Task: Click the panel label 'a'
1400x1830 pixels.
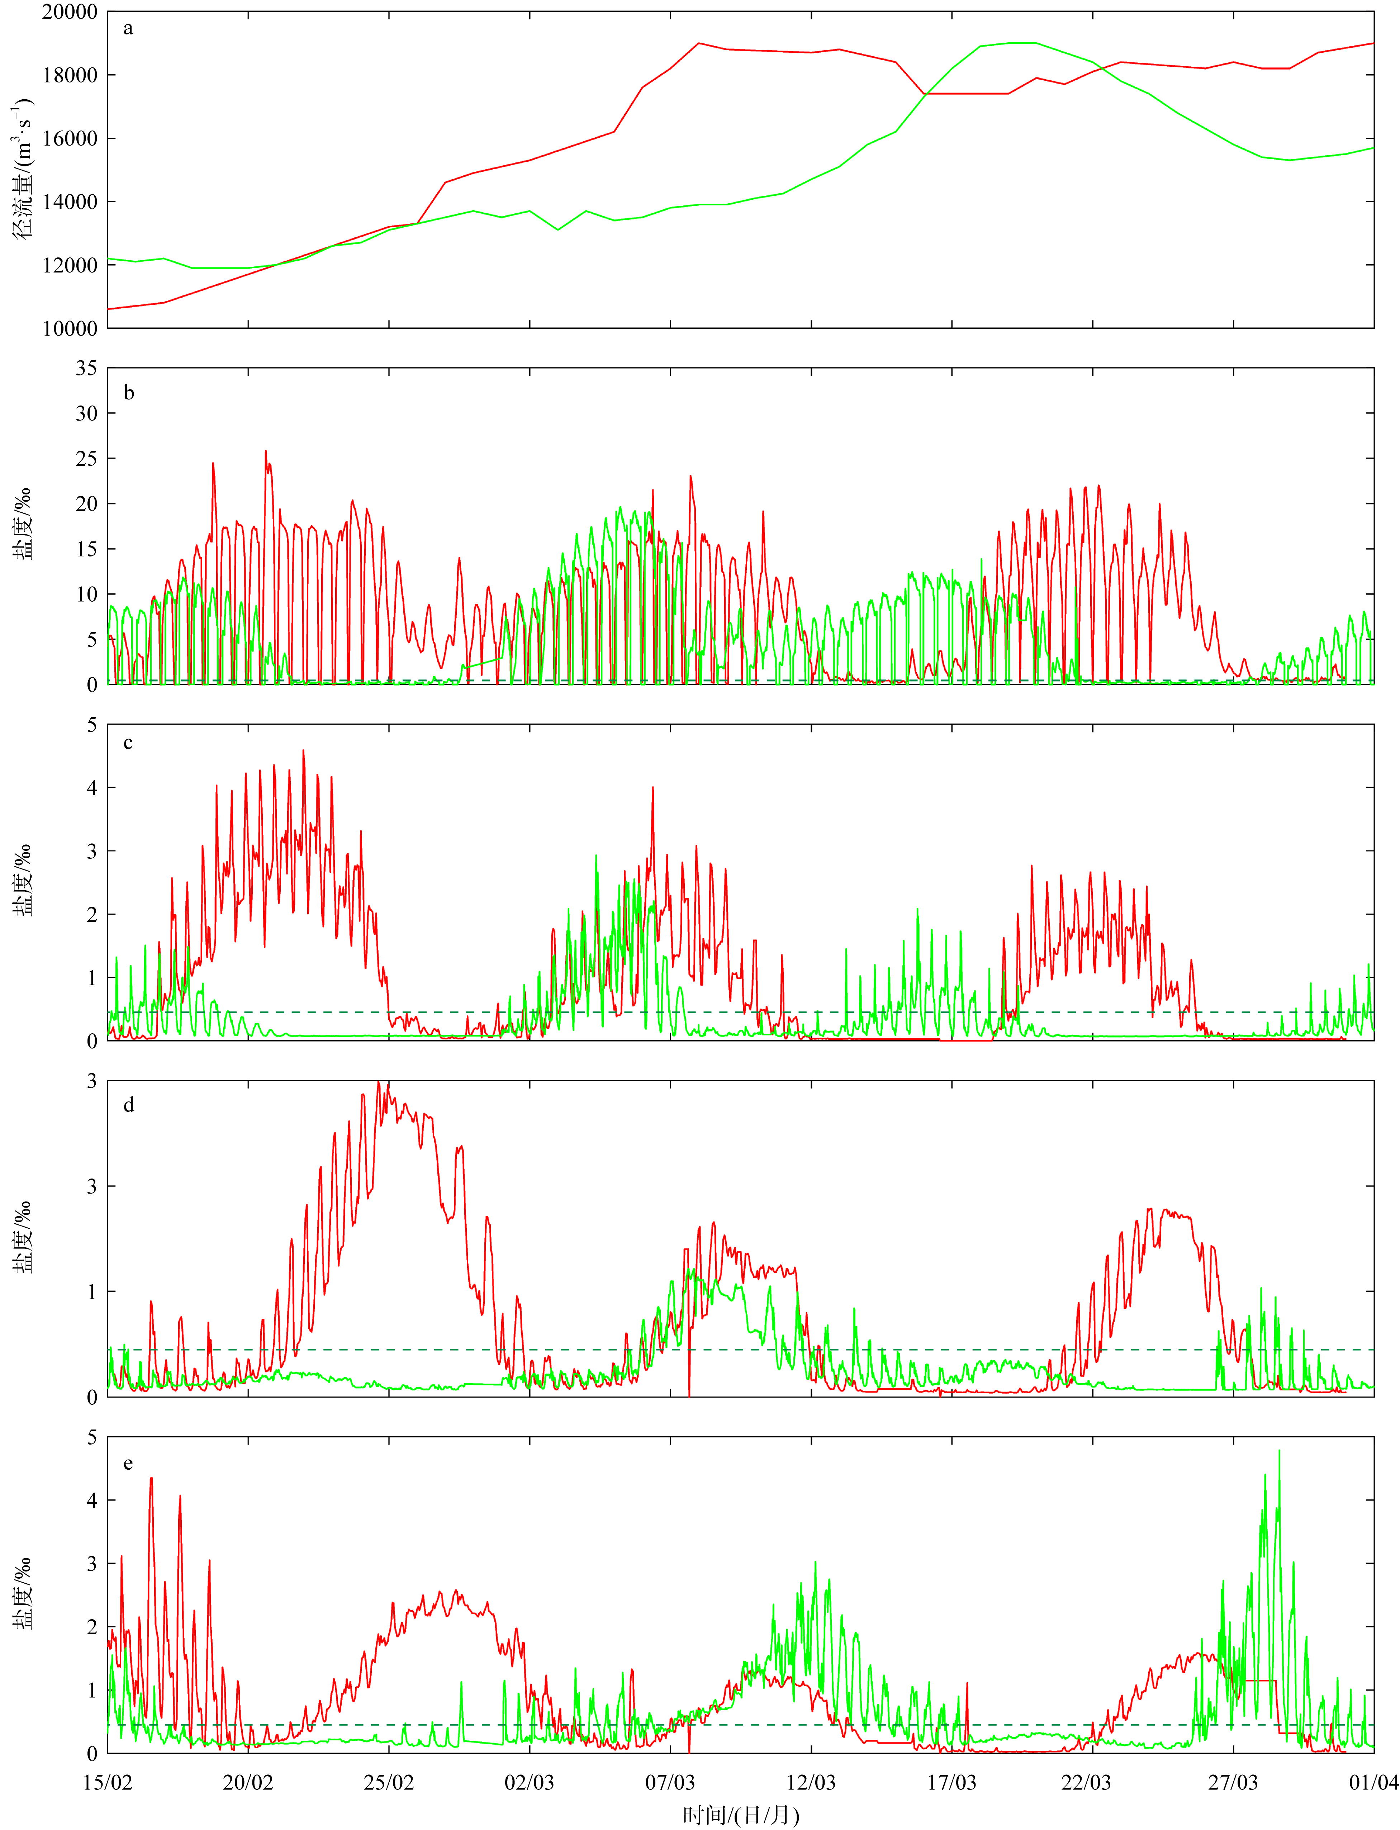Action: (128, 28)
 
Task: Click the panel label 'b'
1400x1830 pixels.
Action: (128, 393)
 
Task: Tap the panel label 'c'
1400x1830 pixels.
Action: (128, 743)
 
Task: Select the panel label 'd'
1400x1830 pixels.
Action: (128, 1105)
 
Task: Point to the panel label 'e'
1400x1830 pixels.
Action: (128, 1463)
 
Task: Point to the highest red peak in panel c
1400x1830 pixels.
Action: (303, 751)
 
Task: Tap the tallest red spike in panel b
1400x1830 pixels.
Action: (266, 452)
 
